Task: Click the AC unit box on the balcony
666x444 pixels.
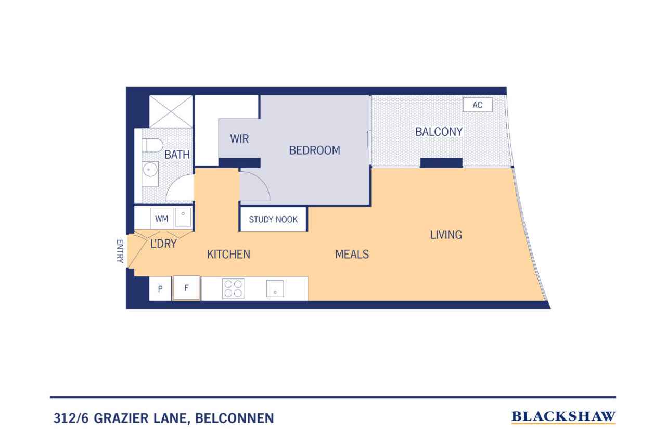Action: click(x=478, y=105)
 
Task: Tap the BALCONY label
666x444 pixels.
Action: click(x=439, y=132)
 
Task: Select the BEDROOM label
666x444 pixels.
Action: click(x=315, y=150)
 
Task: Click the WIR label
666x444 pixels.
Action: click(x=239, y=138)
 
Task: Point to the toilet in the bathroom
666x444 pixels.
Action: click(x=152, y=145)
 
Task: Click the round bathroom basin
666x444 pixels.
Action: click(x=148, y=170)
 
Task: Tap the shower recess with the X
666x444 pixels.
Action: click(x=171, y=111)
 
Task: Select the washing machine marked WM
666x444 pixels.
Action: click(x=161, y=219)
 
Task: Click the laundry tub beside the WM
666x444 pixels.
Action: click(x=183, y=218)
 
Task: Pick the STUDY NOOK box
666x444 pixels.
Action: click(x=273, y=220)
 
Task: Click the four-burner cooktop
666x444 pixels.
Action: click(x=233, y=289)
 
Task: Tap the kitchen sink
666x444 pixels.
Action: click(x=275, y=288)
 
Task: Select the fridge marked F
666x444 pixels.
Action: click(x=186, y=288)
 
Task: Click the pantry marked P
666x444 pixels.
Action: click(x=160, y=288)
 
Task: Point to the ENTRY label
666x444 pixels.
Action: click(x=120, y=251)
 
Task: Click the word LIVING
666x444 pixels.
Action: click(x=446, y=235)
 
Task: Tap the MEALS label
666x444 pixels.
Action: click(x=352, y=254)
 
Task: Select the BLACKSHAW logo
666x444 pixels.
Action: click(x=563, y=417)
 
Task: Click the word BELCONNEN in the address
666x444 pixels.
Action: click(x=235, y=418)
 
